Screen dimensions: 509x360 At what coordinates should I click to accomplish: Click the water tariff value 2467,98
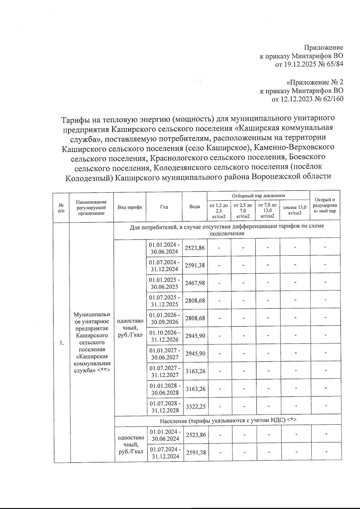(195, 283)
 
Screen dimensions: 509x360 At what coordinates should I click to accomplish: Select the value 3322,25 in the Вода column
(196, 407)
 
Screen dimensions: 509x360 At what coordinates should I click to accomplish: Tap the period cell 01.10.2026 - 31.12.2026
(165, 336)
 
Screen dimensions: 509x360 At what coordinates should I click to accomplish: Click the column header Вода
(195, 207)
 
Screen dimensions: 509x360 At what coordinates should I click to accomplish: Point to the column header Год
(164, 207)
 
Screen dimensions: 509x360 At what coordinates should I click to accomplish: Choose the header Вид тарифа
(130, 207)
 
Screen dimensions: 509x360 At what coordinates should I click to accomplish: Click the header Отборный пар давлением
(258, 196)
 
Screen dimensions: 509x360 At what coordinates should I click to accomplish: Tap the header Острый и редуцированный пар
(325, 205)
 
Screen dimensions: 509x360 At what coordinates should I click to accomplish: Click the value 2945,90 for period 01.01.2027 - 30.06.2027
(195, 354)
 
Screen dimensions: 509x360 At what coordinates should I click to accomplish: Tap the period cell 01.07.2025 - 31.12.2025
(165, 301)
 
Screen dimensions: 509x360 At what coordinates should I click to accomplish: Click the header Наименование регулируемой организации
(91, 207)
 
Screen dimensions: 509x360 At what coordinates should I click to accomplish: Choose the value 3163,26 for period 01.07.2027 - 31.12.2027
(196, 371)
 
